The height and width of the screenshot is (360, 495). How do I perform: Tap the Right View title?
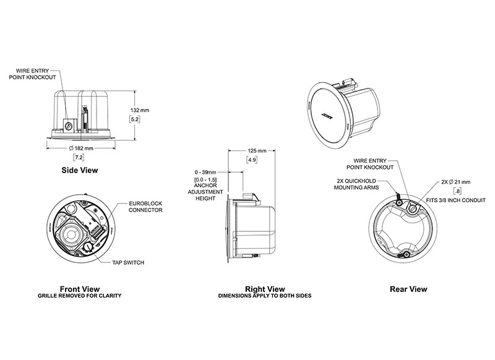(265, 288)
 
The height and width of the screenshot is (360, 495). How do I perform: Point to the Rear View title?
(408, 288)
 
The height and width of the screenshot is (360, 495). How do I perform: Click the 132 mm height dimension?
(140, 109)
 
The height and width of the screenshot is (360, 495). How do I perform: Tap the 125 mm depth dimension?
(256, 150)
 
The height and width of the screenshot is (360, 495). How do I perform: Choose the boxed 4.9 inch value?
(252, 160)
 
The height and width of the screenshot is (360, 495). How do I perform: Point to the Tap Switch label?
(129, 263)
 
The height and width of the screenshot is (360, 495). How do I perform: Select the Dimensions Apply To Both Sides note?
(265, 296)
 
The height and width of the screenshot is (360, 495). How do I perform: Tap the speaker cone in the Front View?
(74, 233)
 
